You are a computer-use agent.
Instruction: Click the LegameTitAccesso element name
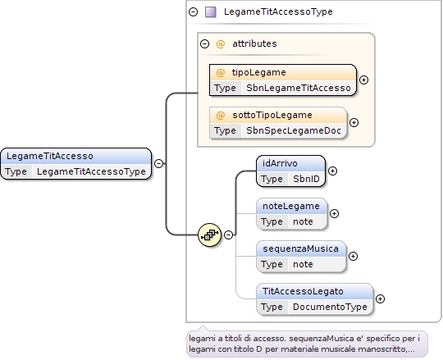(x=50, y=156)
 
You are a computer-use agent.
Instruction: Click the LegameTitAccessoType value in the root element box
(x=91, y=171)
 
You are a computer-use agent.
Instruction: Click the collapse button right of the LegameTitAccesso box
(x=159, y=163)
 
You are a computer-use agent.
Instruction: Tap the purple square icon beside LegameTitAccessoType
(x=211, y=12)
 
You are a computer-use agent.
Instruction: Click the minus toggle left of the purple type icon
(x=194, y=11)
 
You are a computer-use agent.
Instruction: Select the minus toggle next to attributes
(x=204, y=43)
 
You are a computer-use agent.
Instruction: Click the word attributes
(x=254, y=43)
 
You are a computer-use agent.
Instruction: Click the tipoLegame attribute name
(x=258, y=72)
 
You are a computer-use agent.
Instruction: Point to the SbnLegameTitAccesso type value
(x=299, y=88)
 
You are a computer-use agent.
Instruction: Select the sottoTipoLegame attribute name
(x=272, y=115)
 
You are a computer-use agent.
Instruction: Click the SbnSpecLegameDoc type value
(x=294, y=130)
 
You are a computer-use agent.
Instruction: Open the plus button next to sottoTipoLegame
(x=354, y=122)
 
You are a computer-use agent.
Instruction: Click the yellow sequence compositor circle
(x=210, y=235)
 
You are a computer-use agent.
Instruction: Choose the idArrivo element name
(x=280, y=163)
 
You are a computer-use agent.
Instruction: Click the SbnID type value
(x=306, y=179)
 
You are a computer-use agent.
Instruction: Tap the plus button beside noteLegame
(x=334, y=213)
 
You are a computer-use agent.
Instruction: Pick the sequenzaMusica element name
(x=300, y=248)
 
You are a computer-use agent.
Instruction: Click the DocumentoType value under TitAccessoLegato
(x=330, y=307)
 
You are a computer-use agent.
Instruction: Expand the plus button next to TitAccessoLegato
(x=381, y=298)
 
